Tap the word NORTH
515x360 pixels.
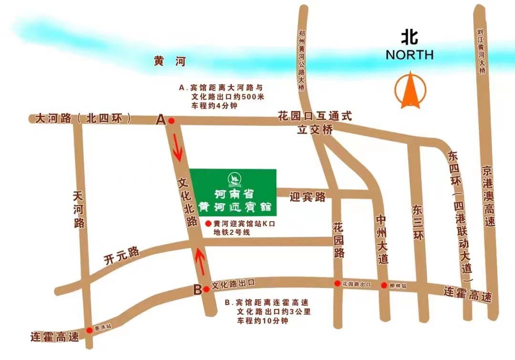click(410, 55)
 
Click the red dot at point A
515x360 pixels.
click(171, 121)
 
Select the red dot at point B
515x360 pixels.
click(206, 289)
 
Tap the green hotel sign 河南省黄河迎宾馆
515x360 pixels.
click(233, 192)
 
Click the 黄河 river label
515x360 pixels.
click(169, 62)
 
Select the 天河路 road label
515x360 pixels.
click(79, 210)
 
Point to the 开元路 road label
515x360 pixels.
click(122, 255)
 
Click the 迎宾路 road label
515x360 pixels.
click(308, 196)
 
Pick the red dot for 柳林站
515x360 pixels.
click(384, 286)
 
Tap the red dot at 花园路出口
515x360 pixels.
click(338, 284)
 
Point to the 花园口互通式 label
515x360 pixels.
click(315, 116)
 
